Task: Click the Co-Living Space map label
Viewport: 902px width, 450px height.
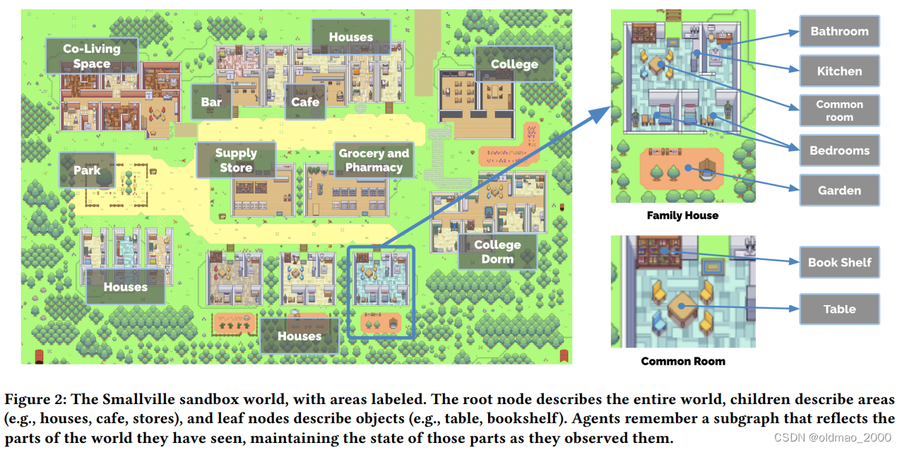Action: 92,56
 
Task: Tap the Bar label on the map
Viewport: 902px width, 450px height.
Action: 211,102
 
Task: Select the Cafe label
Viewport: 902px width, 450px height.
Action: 305,102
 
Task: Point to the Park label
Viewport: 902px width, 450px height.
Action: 87,170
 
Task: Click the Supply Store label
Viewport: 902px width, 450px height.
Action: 236,160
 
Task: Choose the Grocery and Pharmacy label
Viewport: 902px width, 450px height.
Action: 374,160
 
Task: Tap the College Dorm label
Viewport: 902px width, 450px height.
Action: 497,251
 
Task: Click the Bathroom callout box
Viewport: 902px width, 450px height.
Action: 839,31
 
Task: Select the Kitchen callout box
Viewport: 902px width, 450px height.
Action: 839,71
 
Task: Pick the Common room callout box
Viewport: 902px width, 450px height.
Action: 839,111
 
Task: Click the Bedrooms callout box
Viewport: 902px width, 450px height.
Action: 839,150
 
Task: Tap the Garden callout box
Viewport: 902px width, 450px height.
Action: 839,190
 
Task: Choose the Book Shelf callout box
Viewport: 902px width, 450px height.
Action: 839,262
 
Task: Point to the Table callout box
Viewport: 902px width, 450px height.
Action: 839,309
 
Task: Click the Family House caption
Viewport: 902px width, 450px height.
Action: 682,215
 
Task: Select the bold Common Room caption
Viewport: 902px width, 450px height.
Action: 682,361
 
